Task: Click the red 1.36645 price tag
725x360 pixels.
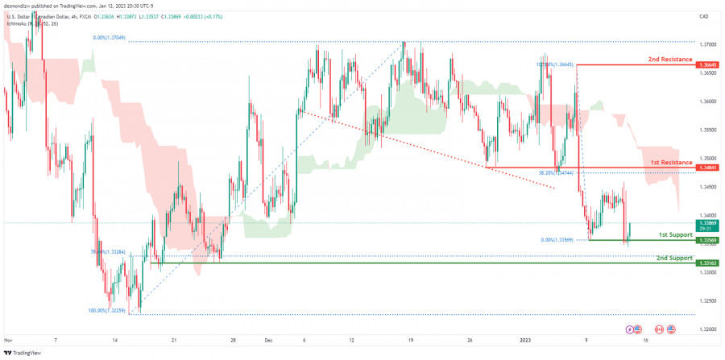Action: [707, 64]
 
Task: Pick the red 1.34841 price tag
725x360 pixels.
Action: [707, 168]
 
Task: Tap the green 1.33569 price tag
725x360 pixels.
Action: [707, 240]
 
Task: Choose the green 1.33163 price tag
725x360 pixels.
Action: [707, 263]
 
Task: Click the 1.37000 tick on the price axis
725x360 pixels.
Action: [707, 45]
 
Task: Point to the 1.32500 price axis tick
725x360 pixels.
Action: [707, 300]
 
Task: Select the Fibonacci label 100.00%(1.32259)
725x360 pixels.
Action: [106, 310]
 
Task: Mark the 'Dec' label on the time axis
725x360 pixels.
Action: [268, 341]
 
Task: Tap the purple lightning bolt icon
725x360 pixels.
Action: [630, 329]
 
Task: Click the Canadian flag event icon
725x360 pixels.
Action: [659, 329]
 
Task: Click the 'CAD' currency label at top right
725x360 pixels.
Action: [703, 16]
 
